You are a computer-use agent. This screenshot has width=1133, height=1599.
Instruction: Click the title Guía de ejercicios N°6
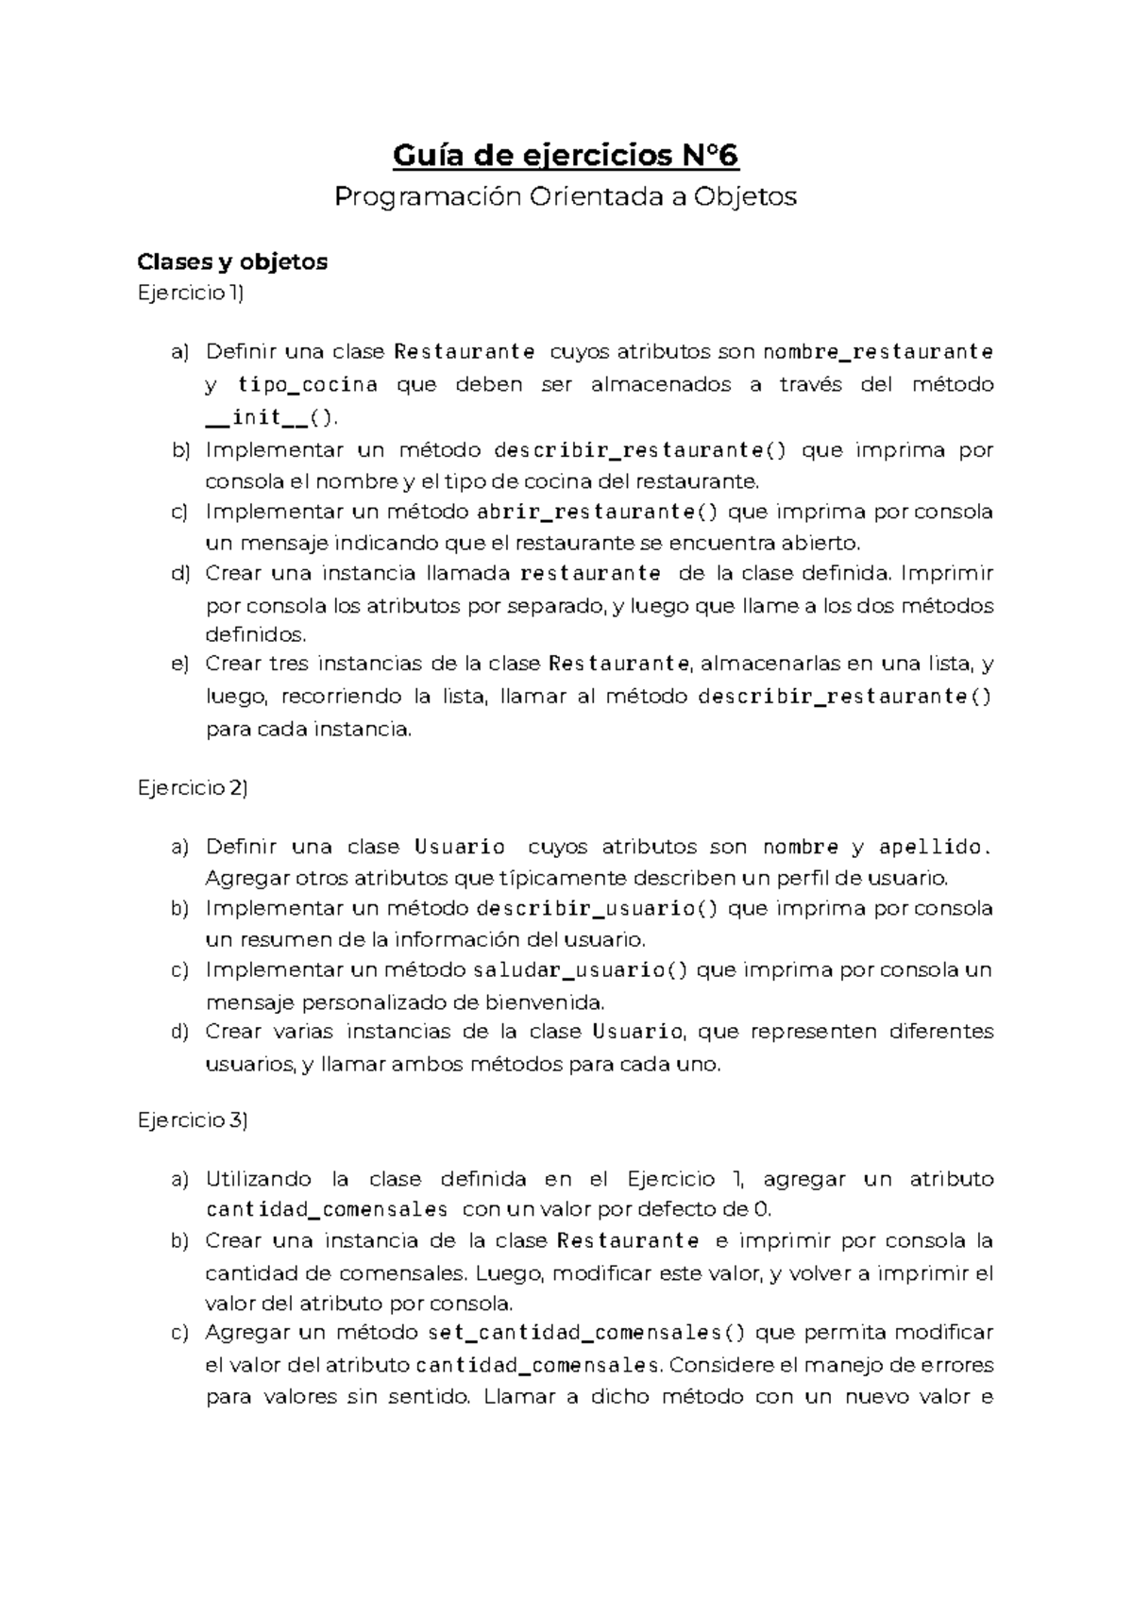566,154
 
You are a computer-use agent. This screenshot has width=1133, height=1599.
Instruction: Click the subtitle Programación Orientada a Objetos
566,196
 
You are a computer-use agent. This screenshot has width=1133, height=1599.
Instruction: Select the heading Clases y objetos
232,261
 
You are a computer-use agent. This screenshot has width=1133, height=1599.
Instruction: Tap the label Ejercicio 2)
192,788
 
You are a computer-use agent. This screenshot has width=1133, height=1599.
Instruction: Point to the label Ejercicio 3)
192,1120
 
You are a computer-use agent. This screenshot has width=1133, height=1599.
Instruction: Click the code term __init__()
270,417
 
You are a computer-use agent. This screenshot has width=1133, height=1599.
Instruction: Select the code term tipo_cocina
308,384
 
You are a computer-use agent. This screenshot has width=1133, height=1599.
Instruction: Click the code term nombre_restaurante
877,352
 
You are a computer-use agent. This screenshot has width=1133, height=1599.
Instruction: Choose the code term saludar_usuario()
581,970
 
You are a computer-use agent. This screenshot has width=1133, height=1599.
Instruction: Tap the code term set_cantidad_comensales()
586,1333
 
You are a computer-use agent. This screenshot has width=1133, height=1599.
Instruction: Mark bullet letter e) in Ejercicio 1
179,665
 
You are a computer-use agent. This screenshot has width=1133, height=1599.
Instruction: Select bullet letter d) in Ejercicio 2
179,1032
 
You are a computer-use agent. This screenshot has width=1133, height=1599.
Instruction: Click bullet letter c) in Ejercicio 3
179,1333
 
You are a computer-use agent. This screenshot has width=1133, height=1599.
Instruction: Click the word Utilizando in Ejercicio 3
258,1179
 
